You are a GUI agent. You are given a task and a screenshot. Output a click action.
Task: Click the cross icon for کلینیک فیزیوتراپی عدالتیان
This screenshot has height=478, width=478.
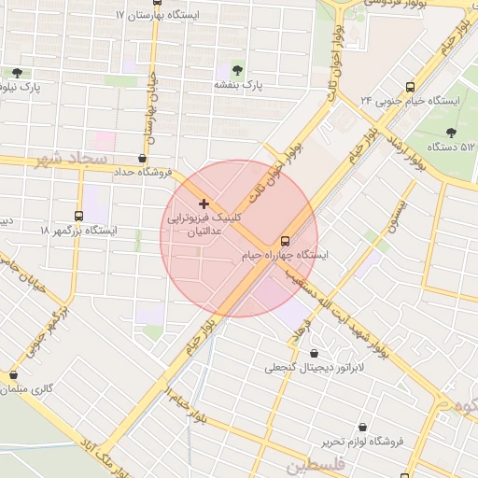(x=204, y=204)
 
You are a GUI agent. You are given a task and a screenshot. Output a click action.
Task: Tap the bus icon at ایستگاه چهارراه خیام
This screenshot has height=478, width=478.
(x=286, y=240)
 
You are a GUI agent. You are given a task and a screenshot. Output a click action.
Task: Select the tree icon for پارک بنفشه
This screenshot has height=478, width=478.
(x=235, y=69)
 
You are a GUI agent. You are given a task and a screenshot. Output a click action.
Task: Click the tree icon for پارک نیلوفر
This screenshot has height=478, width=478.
(x=17, y=73)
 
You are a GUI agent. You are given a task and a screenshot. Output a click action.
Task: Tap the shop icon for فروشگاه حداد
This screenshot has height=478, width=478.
(x=142, y=159)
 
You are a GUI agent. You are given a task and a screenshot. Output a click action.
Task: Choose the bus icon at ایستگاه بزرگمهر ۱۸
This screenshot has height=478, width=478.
(x=77, y=216)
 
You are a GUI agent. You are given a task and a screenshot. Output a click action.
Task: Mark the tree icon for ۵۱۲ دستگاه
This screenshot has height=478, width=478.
(x=452, y=133)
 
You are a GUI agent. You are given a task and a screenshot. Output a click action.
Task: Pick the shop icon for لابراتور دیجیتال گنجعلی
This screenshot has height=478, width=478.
(x=312, y=354)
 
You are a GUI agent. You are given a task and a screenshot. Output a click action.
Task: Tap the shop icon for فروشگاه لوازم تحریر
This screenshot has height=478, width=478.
(x=361, y=427)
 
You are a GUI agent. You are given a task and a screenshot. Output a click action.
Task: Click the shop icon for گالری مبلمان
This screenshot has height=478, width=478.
(x=13, y=375)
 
